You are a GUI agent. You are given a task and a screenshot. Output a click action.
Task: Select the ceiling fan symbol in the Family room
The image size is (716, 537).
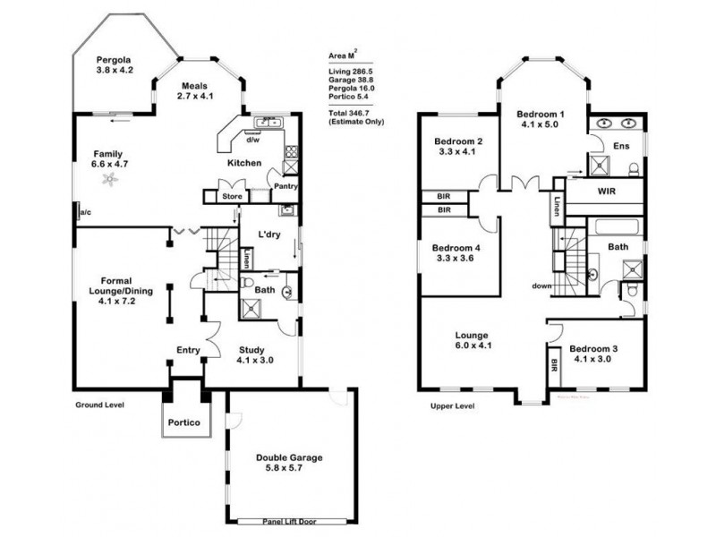pyautogui.click(x=109, y=181)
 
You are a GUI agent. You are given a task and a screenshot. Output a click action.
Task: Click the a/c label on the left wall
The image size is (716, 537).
pyautogui.click(x=86, y=212)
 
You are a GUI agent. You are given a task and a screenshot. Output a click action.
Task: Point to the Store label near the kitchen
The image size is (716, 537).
pyautogui.click(x=233, y=195)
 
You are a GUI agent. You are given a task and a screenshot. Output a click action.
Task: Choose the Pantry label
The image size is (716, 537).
pyautogui.click(x=286, y=187)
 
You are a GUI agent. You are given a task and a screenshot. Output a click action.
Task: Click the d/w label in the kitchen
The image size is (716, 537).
pyautogui.click(x=252, y=141)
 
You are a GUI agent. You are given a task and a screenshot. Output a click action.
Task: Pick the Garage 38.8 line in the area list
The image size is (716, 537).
pyautogui.click(x=349, y=80)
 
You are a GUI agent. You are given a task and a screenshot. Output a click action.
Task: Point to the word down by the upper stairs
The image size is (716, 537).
pyautogui.click(x=541, y=286)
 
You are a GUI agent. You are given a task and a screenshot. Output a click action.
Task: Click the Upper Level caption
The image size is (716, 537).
pyautogui.click(x=453, y=405)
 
